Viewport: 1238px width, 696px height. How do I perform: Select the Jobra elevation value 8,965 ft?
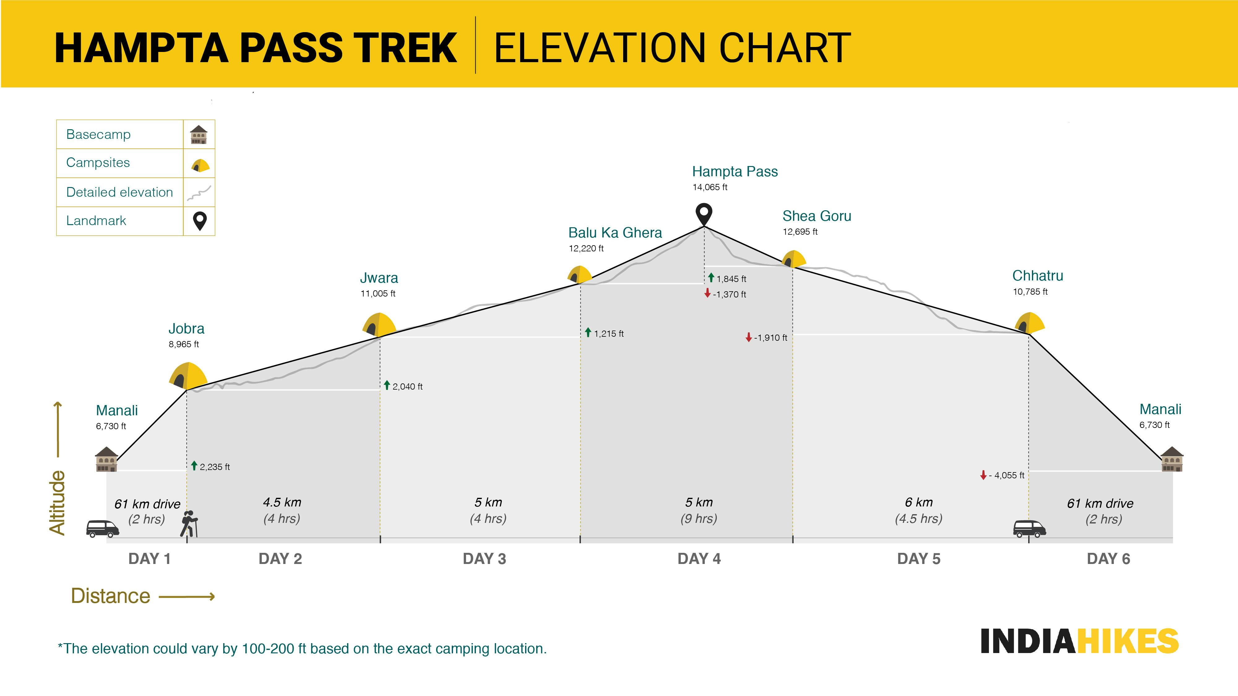[x=183, y=344]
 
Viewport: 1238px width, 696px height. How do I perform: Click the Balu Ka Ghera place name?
[x=615, y=233]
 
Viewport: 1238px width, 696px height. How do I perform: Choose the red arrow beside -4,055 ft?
[x=983, y=475]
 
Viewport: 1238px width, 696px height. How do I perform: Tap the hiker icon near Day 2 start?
[x=188, y=523]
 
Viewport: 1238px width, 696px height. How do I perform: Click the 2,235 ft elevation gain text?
[x=214, y=467]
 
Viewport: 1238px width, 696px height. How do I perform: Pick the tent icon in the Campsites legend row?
[x=200, y=165]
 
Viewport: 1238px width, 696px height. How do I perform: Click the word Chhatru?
[x=1037, y=276]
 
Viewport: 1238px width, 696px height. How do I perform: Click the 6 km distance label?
[x=918, y=502]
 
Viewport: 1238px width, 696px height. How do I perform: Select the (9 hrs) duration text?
[x=699, y=519]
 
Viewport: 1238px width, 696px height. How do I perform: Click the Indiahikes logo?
[x=1079, y=641]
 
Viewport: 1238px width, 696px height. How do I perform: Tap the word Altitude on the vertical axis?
[x=57, y=502]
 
